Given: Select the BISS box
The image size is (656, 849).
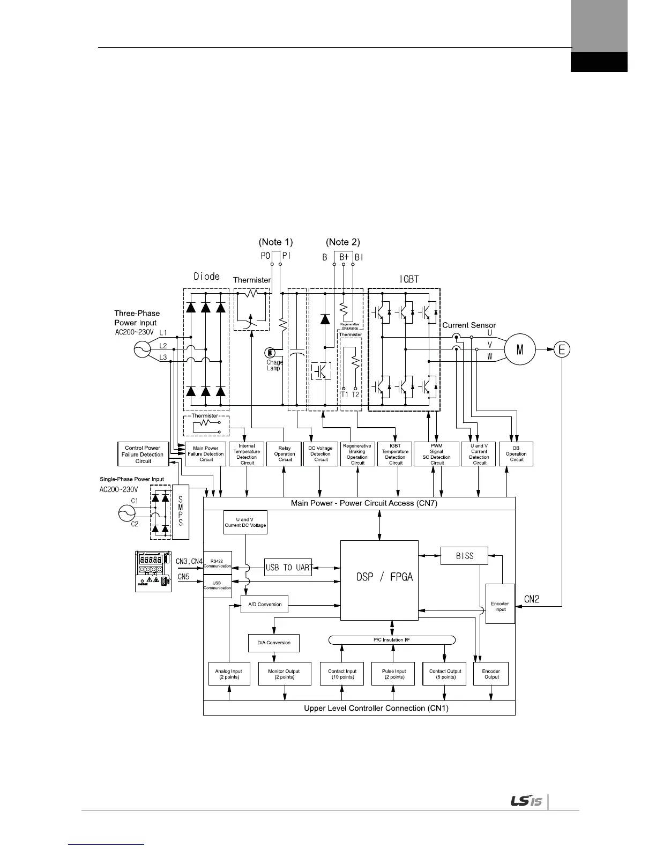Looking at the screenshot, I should [x=464, y=556].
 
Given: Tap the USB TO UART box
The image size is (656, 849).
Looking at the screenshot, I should [x=288, y=568].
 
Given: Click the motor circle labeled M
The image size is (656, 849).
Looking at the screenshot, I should [x=520, y=349].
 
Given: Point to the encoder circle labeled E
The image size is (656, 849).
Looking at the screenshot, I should [x=562, y=349].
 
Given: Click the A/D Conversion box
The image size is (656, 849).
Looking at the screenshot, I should [x=265, y=604].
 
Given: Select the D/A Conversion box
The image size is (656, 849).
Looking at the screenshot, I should [x=273, y=643].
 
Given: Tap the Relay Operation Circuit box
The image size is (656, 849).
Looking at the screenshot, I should [x=285, y=453].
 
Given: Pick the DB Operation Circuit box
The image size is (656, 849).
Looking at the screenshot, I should [x=516, y=453].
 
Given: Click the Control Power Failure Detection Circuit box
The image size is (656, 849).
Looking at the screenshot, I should [x=143, y=454].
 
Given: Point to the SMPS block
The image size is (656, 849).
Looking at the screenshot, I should [x=181, y=511].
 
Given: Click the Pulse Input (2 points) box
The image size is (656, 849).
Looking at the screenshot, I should [x=394, y=674].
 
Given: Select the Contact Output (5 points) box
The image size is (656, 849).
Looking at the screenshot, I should [x=445, y=674].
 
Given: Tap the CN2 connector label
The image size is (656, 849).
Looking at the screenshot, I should [x=531, y=599].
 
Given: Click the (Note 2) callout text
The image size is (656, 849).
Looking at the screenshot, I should [x=343, y=242].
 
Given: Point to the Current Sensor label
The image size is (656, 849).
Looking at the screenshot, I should [x=468, y=325].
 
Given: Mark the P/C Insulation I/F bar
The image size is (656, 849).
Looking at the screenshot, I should [x=391, y=640].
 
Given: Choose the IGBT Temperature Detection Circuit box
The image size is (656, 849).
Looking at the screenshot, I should [x=395, y=453].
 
